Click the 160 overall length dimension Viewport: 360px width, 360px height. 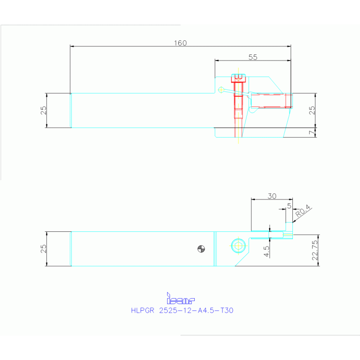(180, 43)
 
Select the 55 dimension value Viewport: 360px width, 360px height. (253, 57)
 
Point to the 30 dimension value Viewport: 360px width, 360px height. (272, 196)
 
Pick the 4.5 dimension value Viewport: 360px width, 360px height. (267, 251)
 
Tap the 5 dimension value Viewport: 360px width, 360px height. (289, 205)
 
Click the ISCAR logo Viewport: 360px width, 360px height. (180, 299)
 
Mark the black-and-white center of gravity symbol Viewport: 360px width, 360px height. (201, 249)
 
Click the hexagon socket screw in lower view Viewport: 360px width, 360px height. (238, 245)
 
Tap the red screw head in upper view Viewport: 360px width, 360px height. (238, 78)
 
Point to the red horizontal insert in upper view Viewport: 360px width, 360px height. (270, 100)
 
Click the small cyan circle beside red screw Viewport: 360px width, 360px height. (222, 89)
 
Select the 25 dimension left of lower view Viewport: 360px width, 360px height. (43, 249)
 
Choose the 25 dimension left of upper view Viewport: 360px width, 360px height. (43, 110)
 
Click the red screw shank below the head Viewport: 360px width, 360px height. (238, 101)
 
